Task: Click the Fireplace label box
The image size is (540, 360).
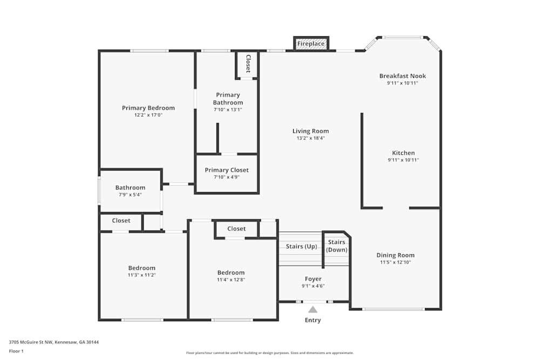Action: [311, 44]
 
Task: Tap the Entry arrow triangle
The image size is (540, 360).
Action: [313, 310]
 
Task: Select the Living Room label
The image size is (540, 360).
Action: [310, 131]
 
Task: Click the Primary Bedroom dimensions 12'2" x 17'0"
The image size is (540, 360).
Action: [148, 115]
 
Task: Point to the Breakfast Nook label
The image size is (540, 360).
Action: [403, 76]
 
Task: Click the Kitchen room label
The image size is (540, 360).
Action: [403, 153]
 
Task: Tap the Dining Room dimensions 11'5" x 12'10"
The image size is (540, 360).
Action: [395, 262]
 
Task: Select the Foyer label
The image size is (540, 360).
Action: [313, 279]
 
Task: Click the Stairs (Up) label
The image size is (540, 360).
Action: [301, 247]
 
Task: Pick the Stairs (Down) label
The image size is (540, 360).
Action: [336, 246]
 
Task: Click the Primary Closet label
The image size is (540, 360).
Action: [227, 170]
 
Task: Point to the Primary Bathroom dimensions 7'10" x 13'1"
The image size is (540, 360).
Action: [228, 110]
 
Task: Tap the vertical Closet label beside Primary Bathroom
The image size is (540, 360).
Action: [248, 63]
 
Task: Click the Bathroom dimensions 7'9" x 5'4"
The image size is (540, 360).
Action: [130, 195]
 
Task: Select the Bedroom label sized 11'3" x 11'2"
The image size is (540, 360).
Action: [141, 268]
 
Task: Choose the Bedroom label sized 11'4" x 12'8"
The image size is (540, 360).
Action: [231, 273]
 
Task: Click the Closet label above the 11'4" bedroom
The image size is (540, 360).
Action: [237, 228]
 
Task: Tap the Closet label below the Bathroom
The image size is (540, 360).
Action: [121, 221]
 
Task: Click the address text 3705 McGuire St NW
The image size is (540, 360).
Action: [31, 342]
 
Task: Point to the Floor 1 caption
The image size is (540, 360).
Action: [16, 351]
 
